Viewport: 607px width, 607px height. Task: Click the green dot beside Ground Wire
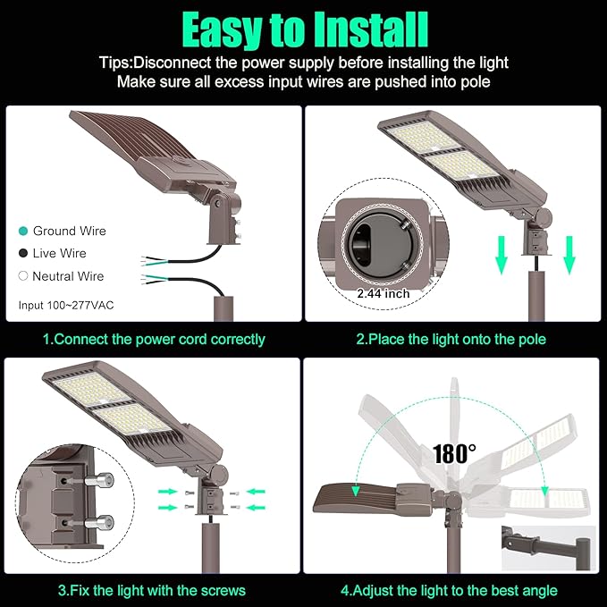click(23, 231)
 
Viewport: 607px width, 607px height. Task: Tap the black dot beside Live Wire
click(23, 254)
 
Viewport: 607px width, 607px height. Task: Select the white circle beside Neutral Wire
click(23, 276)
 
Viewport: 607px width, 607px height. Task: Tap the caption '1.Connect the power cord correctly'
click(154, 339)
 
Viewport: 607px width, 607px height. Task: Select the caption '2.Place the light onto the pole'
click(451, 339)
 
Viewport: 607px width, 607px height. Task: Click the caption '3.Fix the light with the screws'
click(151, 590)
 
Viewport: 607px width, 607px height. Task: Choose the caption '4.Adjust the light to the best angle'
click(449, 590)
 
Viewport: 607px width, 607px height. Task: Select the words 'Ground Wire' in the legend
click(69, 231)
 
